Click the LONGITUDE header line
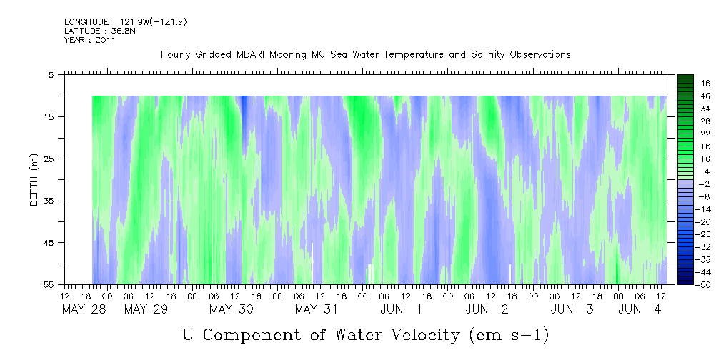click(126, 21)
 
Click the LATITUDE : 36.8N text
click(100, 31)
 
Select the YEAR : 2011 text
click(89, 40)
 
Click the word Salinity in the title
click(487, 55)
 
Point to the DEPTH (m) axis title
click(34, 179)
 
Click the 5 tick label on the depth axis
click(51, 75)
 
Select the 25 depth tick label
click(47, 159)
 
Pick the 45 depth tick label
click(47, 242)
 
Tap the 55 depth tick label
click(47, 284)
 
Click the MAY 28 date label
click(84, 309)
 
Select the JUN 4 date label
click(640, 309)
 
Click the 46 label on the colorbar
click(692, 84)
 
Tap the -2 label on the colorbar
click(692, 184)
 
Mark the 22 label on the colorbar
click(692, 134)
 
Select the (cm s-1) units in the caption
click(509, 335)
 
